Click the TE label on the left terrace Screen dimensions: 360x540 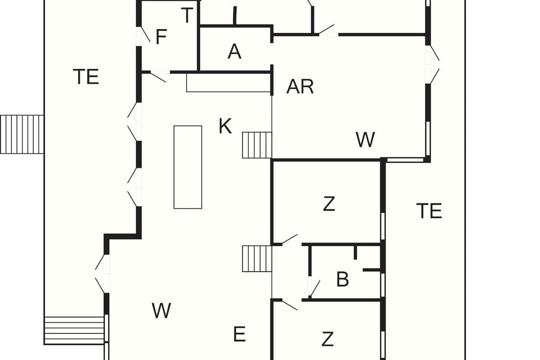(85, 77)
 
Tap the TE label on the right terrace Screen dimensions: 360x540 (429, 211)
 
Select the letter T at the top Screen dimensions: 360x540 (187, 16)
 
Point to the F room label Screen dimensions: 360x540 (161, 37)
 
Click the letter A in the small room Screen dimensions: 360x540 (234, 52)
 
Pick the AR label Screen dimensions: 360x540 (300, 86)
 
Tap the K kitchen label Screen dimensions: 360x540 (225, 126)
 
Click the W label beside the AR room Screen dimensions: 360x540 (365, 140)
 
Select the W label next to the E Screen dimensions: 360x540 (161, 310)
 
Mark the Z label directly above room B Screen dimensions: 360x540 (329, 204)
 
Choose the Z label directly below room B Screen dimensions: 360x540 (328, 338)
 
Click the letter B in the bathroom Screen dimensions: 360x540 (342, 279)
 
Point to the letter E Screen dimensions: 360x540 (239, 334)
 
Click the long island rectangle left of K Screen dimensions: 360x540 (188, 167)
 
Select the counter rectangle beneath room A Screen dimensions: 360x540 (229, 83)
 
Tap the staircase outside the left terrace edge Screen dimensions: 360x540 (22, 134)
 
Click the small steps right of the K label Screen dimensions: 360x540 (257, 145)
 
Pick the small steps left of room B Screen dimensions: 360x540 (257, 258)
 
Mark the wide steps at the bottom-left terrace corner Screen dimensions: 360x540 (74, 330)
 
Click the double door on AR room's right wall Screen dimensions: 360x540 (433, 64)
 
